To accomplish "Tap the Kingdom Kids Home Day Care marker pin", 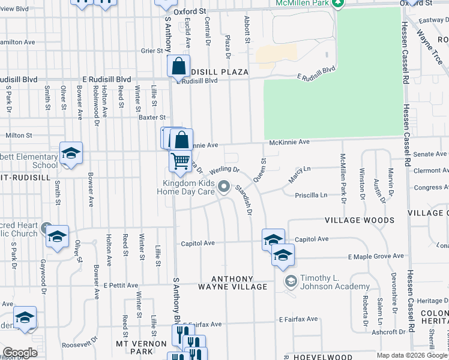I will (x=224, y=188).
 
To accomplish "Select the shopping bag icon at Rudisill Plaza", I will (x=179, y=68).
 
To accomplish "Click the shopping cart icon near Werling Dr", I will (x=179, y=161).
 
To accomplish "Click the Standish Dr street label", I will (x=243, y=200).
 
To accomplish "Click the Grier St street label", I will (x=148, y=51).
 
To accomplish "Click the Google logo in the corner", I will (x=20, y=353).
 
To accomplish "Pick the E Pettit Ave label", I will (x=121, y=286).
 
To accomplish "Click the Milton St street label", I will (x=18, y=136).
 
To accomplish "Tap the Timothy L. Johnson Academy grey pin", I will (x=291, y=281).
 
